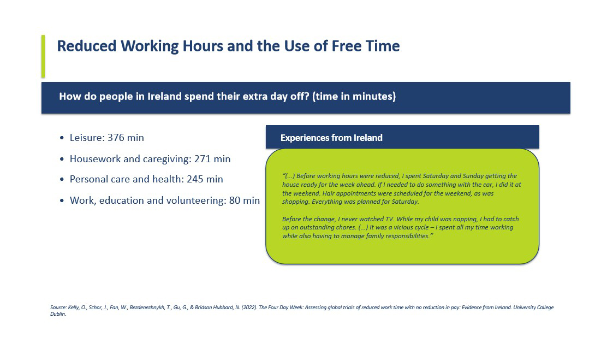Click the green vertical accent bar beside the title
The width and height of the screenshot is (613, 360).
click(43, 56)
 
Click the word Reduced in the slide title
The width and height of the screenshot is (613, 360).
click(87, 46)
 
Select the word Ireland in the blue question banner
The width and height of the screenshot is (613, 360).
click(165, 96)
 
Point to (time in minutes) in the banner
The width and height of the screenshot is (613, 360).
click(354, 96)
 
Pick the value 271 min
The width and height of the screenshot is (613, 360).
click(212, 159)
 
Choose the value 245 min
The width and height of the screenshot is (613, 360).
click(205, 179)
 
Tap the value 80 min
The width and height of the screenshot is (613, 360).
click(245, 200)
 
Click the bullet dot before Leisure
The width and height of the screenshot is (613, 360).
click(62, 138)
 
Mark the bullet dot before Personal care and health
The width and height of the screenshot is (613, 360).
click(62, 180)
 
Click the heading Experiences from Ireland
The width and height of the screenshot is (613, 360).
click(331, 138)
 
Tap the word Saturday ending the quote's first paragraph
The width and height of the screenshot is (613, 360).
click(406, 202)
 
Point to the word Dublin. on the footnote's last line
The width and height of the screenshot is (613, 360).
click(58, 314)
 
